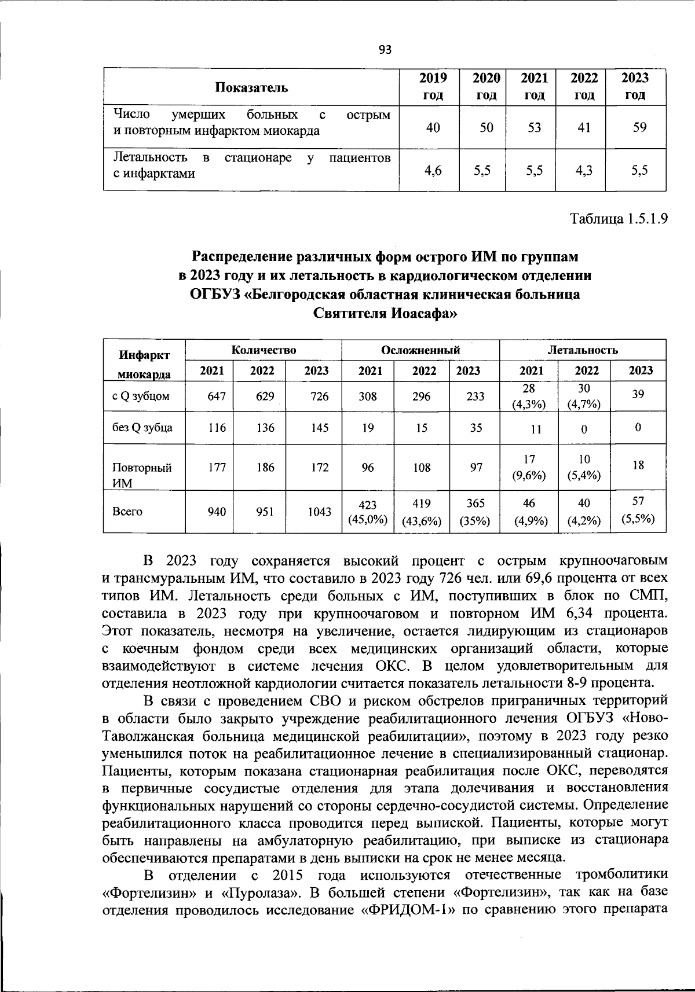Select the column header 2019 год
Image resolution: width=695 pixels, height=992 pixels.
(x=433, y=86)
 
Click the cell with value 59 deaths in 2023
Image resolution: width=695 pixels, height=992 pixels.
(x=639, y=127)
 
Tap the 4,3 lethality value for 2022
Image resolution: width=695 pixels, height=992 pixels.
(x=584, y=170)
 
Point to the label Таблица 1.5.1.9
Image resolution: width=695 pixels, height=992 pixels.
(x=619, y=219)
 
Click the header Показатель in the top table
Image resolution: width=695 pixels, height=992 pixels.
(x=251, y=87)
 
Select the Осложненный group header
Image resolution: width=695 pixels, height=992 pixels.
(x=420, y=350)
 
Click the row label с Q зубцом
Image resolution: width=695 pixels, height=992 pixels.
(x=141, y=397)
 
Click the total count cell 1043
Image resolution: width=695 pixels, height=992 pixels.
(x=319, y=512)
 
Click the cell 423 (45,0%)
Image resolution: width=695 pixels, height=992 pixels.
(x=367, y=512)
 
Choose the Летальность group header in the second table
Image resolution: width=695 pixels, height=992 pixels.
(x=582, y=350)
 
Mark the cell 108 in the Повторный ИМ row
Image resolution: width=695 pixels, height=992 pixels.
(x=422, y=467)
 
